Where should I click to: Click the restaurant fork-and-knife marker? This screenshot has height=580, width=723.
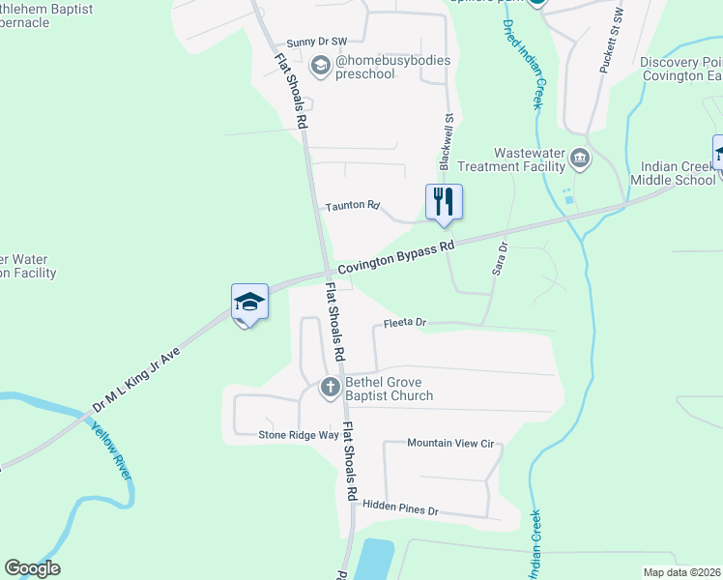tap(444, 202)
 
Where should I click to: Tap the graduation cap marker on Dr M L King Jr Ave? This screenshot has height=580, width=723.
tap(248, 303)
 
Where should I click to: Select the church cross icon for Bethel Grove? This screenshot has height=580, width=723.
tap(330, 388)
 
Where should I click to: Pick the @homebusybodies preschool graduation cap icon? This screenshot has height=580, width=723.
tap(321, 67)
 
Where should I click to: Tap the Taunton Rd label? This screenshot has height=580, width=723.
tap(353, 206)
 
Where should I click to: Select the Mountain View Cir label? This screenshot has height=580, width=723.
tap(450, 443)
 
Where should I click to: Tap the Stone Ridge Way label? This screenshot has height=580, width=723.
tap(298, 434)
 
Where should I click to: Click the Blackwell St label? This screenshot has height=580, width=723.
tap(448, 142)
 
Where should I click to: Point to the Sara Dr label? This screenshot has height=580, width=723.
tap(500, 259)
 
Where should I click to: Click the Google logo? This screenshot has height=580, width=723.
tap(32, 568)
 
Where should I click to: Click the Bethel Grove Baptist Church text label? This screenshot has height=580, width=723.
tap(390, 389)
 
